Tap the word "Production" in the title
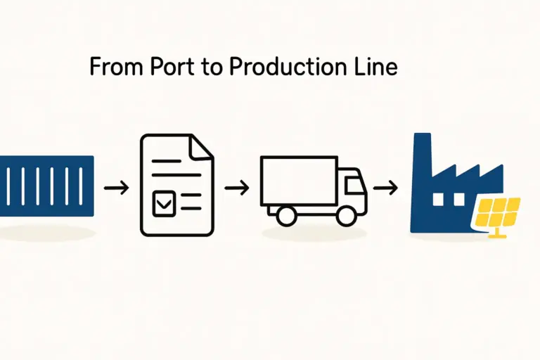point(285,67)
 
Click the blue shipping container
point(46,186)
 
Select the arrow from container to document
point(116,188)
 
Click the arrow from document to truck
point(236,188)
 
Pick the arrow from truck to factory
point(386,188)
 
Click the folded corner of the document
point(202,146)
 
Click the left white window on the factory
point(439,200)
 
